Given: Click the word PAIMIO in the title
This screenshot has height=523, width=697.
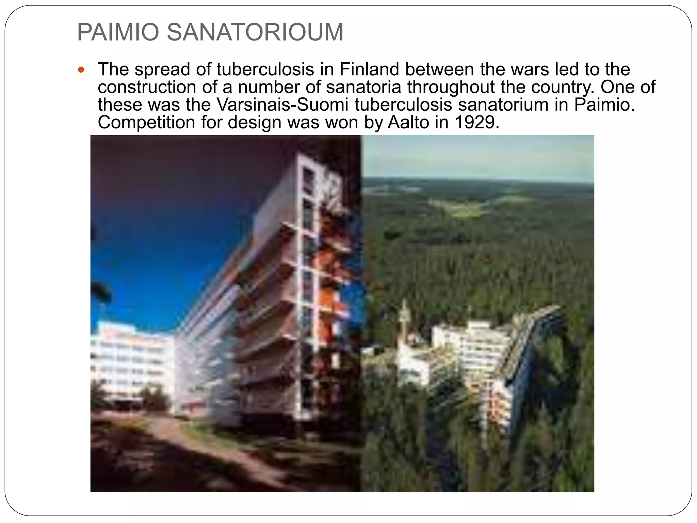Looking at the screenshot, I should [x=118, y=32].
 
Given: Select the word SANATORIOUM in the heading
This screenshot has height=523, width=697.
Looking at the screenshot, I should [x=255, y=32].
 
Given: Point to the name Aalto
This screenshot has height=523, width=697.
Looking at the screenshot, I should [x=408, y=122].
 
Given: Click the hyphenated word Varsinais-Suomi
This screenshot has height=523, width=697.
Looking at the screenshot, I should [x=282, y=105].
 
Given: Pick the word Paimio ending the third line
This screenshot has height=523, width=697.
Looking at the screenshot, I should [x=604, y=105].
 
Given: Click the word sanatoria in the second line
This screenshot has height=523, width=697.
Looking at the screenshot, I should [x=364, y=87].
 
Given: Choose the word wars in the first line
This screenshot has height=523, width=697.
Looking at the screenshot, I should [x=531, y=69].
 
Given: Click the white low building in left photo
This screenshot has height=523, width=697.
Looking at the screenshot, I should [x=131, y=361].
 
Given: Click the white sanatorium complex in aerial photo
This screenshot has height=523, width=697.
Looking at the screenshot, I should [x=470, y=351].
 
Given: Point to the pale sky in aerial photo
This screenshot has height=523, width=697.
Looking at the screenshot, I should [x=476, y=157].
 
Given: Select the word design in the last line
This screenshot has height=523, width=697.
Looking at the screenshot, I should [x=254, y=122].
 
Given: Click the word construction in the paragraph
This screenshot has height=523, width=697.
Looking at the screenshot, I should [x=147, y=87].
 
